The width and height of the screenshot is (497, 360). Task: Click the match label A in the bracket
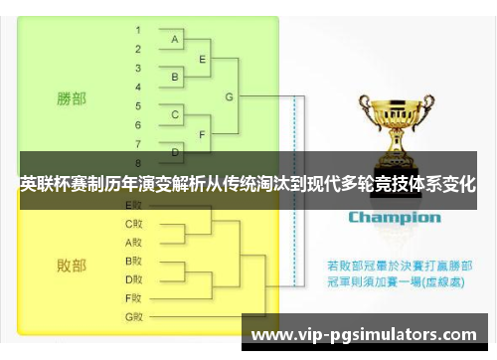pyautogui.click(x=175, y=40)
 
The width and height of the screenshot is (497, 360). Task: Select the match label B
pyautogui.click(x=175, y=77)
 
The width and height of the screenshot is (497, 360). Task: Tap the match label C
pyautogui.click(x=175, y=115)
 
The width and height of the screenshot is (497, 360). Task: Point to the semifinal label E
pyautogui.click(x=203, y=59)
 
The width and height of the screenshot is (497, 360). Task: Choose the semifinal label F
pyautogui.click(x=203, y=133)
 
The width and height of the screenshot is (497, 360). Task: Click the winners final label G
pyautogui.click(x=230, y=96)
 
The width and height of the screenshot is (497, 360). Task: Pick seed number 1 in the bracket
pyautogui.click(x=138, y=31)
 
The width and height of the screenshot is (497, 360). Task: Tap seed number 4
pyautogui.click(x=138, y=87)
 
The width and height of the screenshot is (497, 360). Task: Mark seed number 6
pyautogui.click(x=138, y=124)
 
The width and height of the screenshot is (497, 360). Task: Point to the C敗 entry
pyautogui.click(x=134, y=224)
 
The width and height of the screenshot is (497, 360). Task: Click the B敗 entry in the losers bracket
pyautogui.click(x=134, y=261)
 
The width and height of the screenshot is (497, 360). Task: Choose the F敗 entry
pyautogui.click(x=134, y=297)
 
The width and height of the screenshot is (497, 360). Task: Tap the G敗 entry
pyautogui.click(x=134, y=316)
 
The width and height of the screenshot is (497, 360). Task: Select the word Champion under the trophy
pyautogui.click(x=395, y=217)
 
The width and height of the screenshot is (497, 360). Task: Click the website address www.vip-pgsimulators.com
pyautogui.click(x=368, y=334)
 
